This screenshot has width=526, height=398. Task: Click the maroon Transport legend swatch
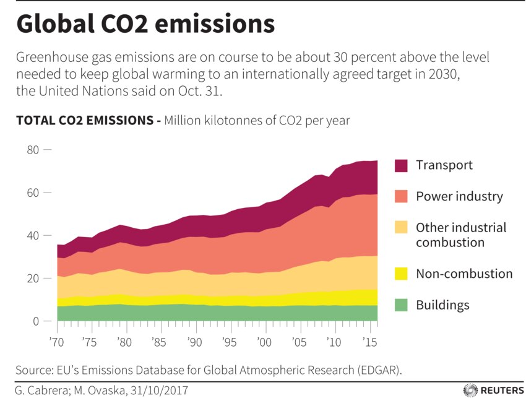(x=401, y=165)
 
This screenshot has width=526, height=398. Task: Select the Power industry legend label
(x=459, y=197)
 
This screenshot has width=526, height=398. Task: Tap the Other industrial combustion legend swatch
(x=401, y=228)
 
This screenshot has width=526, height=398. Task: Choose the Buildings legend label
(x=442, y=305)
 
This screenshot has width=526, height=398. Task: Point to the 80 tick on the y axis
(x=33, y=150)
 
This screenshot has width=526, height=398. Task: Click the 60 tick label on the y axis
(x=33, y=193)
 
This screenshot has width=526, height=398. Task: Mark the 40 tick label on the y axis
(x=33, y=236)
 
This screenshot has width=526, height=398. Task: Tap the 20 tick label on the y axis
(x=33, y=279)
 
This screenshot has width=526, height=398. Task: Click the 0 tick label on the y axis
(x=37, y=321)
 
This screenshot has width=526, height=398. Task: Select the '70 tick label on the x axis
(x=57, y=342)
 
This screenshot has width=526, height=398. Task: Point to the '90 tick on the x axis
(x=196, y=342)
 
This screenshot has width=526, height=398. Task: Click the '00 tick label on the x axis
(x=265, y=342)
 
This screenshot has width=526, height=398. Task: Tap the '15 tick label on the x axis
(x=369, y=342)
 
